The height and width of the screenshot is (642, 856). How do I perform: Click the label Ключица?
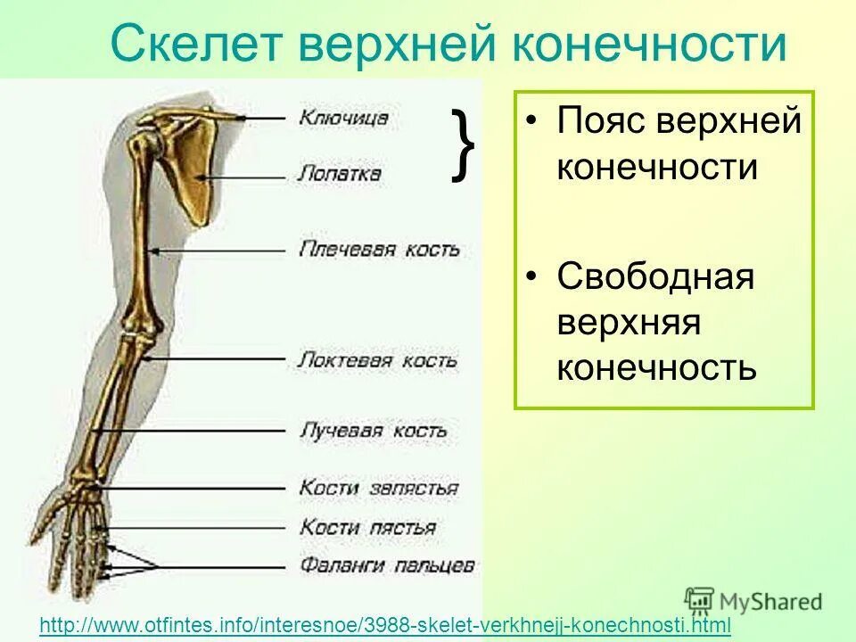pos(343,117)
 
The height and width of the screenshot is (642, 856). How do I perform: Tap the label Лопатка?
pos(339,172)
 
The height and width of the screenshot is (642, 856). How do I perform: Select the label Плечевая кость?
pos(379,249)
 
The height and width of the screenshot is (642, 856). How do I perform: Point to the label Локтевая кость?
pos(377,360)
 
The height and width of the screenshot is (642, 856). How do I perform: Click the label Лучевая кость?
pos(372,430)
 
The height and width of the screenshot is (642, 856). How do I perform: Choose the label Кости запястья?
pos(379,488)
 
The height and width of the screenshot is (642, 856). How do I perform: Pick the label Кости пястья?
pos(367,527)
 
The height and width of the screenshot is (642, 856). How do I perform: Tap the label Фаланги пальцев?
pos(387,565)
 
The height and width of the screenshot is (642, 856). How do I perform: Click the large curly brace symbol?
pos(463,144)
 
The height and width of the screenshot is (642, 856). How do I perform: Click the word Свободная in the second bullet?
pos(655,276)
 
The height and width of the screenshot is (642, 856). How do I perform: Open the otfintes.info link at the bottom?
pos(385,626)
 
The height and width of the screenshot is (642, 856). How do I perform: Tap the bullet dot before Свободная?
pos(531,277)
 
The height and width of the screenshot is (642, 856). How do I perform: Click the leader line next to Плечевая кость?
pos(223,251)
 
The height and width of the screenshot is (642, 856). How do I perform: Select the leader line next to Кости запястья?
pos(196,489)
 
